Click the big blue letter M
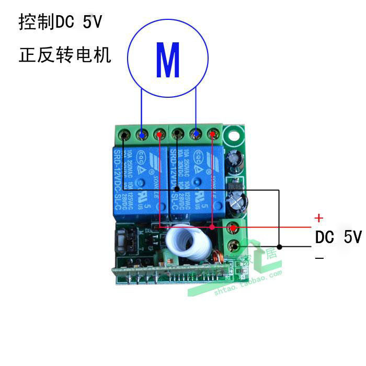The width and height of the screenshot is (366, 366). [x=168, y=61]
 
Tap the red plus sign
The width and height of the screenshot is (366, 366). [x=318, y=218]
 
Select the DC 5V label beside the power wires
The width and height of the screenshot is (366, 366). [x=338, y=237]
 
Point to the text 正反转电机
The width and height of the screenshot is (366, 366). [x=65, y=55]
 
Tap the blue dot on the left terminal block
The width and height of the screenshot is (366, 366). [x=141, y=134]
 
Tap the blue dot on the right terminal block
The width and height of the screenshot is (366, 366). [x=196, y=134]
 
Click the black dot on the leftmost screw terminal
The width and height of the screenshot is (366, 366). [x=123, y=135]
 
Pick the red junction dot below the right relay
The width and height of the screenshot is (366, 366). [x=212, y=227]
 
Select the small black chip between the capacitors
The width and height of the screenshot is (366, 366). [x=233, y=185]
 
